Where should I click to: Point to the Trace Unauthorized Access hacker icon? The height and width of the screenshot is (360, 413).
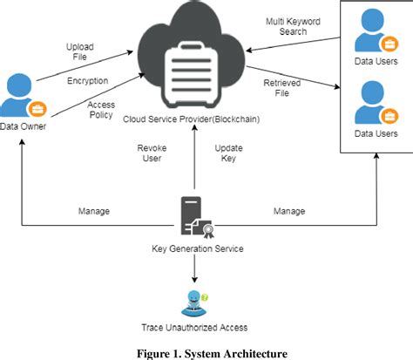(195, 301)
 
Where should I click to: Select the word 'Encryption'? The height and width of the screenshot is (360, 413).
(87, 80)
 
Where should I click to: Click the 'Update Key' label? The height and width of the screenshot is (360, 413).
(229, 153)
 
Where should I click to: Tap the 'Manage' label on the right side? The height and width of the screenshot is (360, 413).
(289, 211)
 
